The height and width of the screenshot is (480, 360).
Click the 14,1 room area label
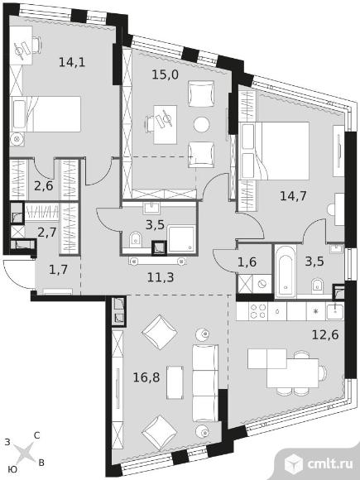click(x=72, y=62)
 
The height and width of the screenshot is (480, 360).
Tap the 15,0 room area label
click(x=166, y=74)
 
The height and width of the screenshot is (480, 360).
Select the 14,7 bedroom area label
click(x=293, y=195)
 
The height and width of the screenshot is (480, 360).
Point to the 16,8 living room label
click(x=146, y=377)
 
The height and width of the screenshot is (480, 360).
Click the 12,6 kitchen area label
click(x=325, y=334)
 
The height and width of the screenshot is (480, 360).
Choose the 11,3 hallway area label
click(x=161, y=277)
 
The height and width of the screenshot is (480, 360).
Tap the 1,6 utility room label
click(x=247, y=262)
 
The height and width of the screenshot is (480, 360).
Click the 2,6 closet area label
click(x=44, y=185)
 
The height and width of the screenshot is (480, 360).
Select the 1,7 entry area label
click(x=58, y=270)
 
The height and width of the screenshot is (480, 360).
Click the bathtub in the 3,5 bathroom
click(x=286, y=271)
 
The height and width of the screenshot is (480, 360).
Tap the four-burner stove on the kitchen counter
click(x=257, y=312)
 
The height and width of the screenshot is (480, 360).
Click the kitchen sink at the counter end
click(x=335, y=312)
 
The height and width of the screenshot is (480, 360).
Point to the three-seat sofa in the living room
click(x=205, y=382)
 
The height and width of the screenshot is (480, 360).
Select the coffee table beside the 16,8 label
click(x=175, y=382)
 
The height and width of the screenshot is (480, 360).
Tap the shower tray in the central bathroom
click(x=181, y=239)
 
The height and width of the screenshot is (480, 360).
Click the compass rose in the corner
click(x=25, y=453)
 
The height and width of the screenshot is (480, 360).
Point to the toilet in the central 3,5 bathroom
click(x=135, y=239)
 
